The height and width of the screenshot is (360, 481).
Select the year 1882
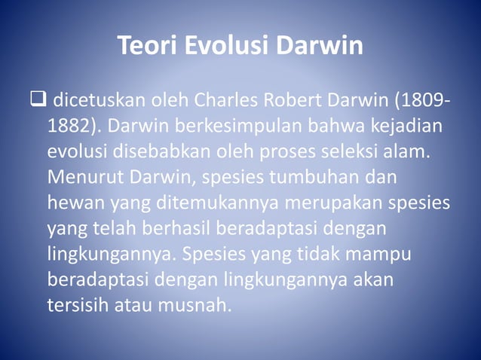[68, 125]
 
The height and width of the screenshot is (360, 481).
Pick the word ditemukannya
[202, 205]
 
